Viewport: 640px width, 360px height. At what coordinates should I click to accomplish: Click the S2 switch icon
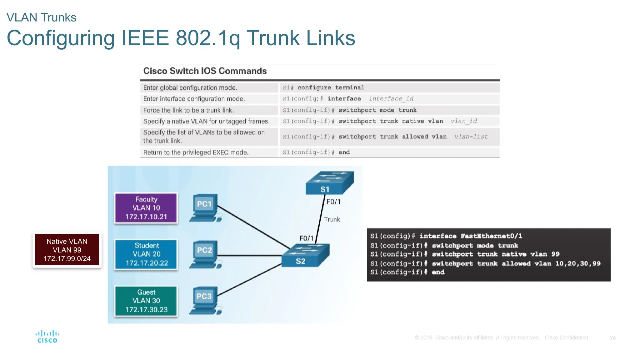point(305,255)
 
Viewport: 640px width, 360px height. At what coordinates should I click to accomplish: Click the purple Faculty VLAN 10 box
point(146,208)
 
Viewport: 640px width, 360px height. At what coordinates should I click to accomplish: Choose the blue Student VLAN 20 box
point(146,254)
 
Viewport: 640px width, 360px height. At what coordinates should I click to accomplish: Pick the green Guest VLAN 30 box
point(146,301)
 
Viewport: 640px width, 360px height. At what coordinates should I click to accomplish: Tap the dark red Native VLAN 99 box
point(67,250)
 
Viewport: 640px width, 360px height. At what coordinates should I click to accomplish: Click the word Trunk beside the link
point(332,219)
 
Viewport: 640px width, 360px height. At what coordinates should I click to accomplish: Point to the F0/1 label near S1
point(333,202)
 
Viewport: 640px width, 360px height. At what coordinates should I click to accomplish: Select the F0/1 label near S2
point(306,238)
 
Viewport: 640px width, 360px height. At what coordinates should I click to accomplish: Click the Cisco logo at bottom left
point(47,337)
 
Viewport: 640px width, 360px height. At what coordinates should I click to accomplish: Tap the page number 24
point(612,337)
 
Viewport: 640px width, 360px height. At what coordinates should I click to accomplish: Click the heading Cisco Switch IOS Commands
point(205,71)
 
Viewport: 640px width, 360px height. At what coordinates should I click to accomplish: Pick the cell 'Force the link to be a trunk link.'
point(188,110)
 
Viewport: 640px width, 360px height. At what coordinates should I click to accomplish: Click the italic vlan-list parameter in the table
point(471,137)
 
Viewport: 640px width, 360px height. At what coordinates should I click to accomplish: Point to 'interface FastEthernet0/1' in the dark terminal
point(470,236)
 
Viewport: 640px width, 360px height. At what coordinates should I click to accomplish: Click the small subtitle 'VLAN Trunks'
point(41,17)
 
